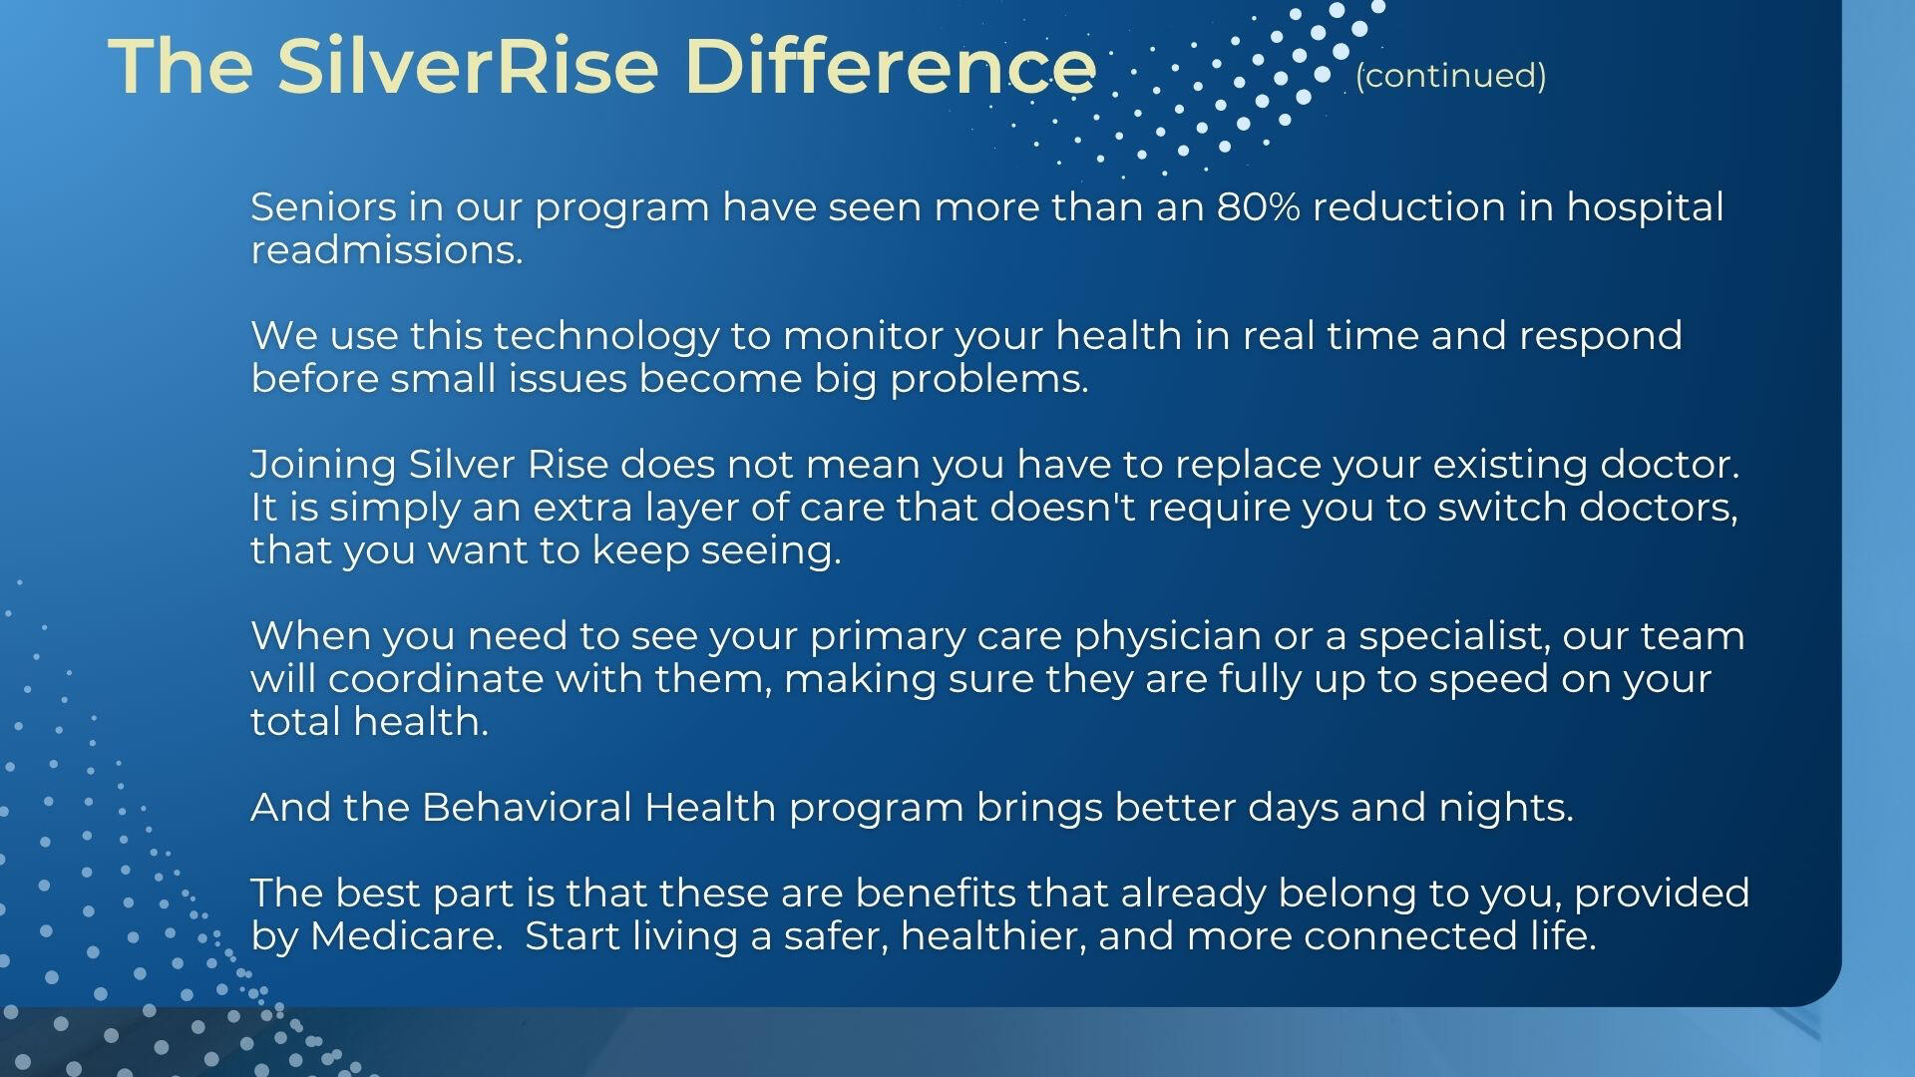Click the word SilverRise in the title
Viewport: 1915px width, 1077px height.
click(x=468, y=66)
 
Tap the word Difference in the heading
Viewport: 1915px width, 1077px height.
click(x=891, y=66)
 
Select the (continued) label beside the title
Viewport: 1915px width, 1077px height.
click(x=1450, y=76)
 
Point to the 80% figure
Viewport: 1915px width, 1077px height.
click(x=1258, y=207)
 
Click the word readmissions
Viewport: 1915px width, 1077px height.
click(x=387, y=250)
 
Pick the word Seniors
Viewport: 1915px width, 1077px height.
click(x=323, y=207)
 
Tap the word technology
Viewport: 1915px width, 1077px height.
click(x=605, y=336)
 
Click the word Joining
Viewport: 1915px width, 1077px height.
click(x=323, y=466)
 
